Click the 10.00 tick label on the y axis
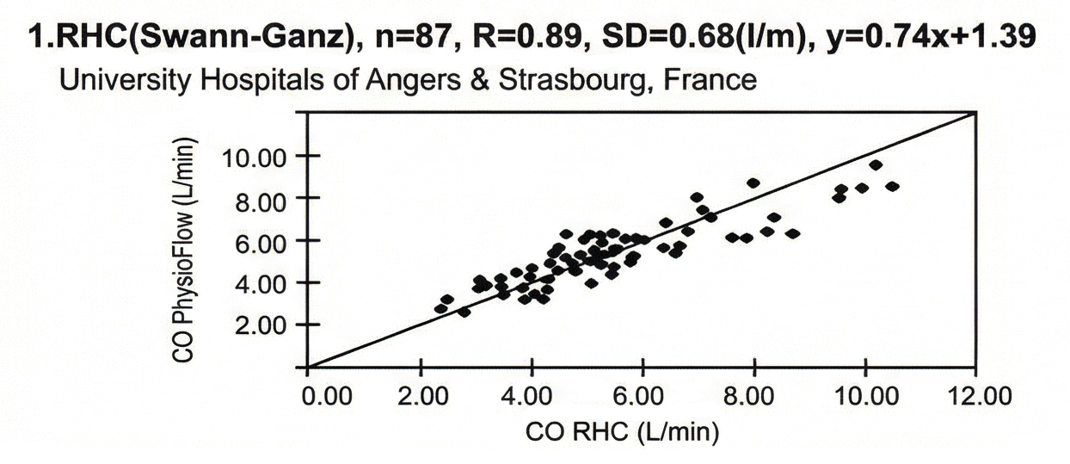pyautogui.click(x=254, y=157)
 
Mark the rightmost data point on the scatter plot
pyautogui.click(x=892, y=186)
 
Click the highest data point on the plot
pyautogui.click(x=876, y=165)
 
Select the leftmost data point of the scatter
pyautogui.click(x=441, y=308)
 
